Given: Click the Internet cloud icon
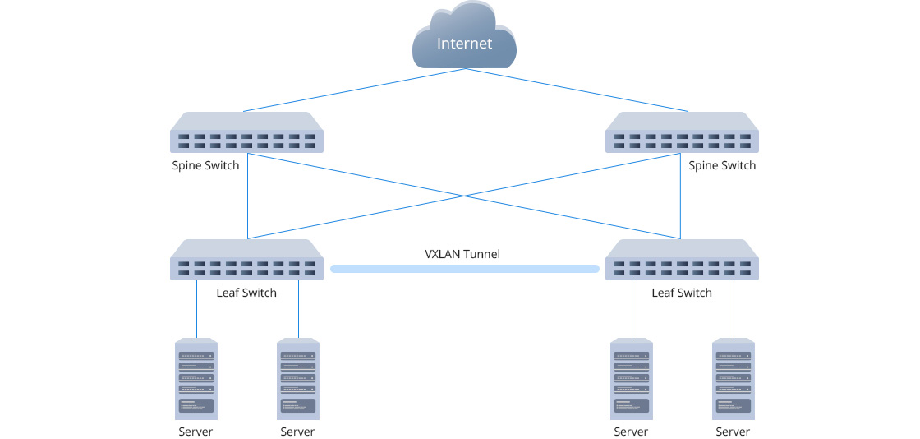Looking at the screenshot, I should pos(464,37).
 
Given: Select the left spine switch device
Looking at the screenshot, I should pos(246,132).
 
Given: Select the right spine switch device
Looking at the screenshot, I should pos(681,132).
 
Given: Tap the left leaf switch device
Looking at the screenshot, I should pos(246,260).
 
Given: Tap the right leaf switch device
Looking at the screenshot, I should pos(681,260).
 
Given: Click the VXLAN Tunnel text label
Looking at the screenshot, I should pos(462,253).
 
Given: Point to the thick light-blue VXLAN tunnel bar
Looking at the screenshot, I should pos(464,269).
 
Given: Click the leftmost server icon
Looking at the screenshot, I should pos(196,378).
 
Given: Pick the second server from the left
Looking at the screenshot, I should pos(298,378).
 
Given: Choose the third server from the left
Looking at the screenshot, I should pos(632,378).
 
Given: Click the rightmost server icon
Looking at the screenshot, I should pos(734,378).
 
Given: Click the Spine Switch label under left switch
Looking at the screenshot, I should pos(205,165).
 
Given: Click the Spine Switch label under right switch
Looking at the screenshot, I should pos(722,165).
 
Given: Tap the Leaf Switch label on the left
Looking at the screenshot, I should pos(246,293).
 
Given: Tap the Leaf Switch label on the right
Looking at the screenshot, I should pos(681,293).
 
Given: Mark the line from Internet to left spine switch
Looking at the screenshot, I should pos(353,90).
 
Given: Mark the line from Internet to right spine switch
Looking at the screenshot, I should pos(575,90).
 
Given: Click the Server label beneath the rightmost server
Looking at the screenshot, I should pos(733,432).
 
